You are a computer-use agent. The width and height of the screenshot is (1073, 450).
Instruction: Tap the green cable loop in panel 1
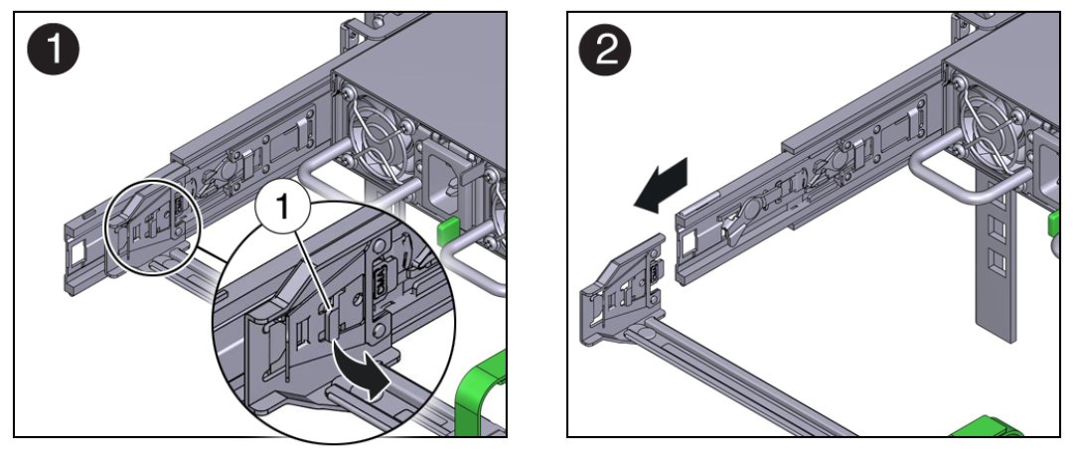tap(484, 392)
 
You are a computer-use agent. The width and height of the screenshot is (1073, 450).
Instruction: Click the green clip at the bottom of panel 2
tap(984, 428)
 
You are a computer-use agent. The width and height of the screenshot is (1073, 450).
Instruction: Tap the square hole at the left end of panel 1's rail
tap(77, 253)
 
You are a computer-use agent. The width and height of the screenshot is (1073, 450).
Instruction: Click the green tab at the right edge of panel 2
tap(1055, 225)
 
